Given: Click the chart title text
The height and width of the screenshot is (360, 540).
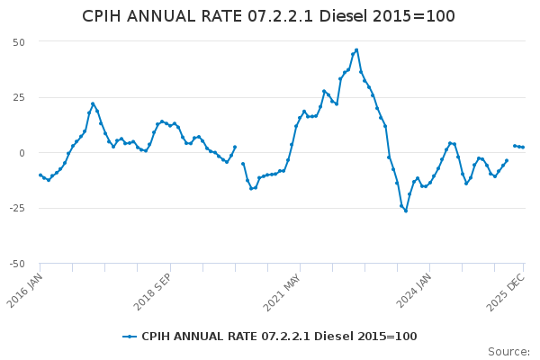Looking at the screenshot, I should pos(269,16).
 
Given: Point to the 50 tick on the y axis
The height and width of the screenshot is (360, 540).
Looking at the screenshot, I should pos(18,42).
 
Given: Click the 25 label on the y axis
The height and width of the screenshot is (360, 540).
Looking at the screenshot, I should pos(18,97).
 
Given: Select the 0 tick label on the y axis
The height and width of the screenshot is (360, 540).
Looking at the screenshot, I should pos(22,153).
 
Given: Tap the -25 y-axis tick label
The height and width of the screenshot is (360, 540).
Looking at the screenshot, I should pos(16,208).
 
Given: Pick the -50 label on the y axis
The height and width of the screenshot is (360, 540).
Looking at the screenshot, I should pos(16,264).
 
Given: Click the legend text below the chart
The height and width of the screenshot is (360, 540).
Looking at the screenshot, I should pos(279,337).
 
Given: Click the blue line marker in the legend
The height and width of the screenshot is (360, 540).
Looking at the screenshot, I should pos(130,337).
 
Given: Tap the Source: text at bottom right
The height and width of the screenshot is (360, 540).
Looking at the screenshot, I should pos(508,352).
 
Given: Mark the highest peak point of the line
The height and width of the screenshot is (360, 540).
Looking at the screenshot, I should pos(356,50).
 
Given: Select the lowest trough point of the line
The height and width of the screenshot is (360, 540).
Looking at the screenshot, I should pos(406,211).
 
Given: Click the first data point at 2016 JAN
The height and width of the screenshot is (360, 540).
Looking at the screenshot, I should pos(40,175).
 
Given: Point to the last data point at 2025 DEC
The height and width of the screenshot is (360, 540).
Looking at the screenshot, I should pos(523,147).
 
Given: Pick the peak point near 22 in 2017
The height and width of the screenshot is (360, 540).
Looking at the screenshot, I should pos(93,103).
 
